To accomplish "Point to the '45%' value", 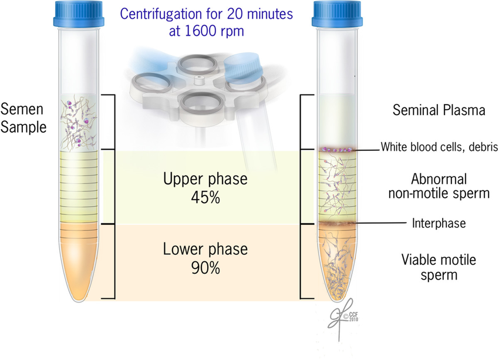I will point(205,198).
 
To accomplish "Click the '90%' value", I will point(205,269).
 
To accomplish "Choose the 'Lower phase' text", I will point(205,250).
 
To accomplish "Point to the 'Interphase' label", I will point(439,224).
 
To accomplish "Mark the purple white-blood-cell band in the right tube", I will point(336,150).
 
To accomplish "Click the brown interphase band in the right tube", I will point(336,224).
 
